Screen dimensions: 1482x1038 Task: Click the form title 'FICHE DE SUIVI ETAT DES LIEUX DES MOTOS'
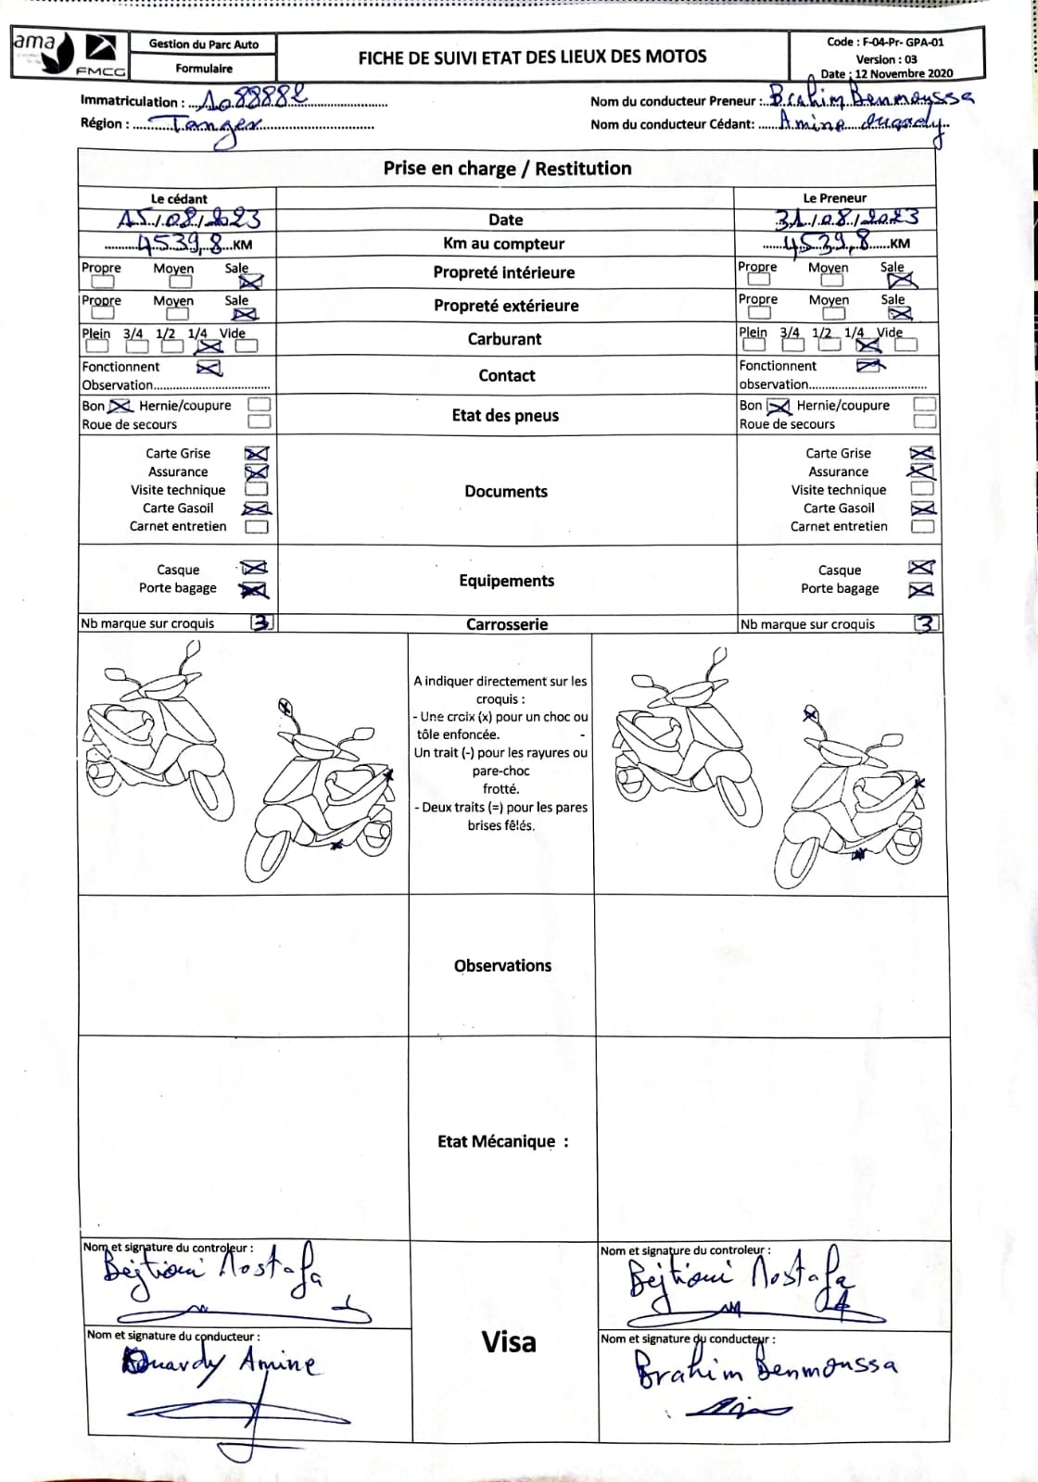tap(532, 57)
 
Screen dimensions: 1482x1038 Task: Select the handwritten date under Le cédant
tap(189, 220)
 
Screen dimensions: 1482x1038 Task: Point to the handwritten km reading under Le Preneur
tap(827, 243)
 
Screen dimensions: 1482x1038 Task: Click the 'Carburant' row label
tap(504, 339)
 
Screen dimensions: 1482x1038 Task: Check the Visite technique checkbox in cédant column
tap(258, 489)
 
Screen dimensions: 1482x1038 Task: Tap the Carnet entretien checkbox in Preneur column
tap(922, 526)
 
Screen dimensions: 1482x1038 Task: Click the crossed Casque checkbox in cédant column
tap(255, 568)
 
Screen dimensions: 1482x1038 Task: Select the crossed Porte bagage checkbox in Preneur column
tap(921, 589)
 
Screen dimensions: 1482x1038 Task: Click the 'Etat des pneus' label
tap(505, 415)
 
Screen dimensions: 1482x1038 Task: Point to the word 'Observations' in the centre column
tap(502, 965)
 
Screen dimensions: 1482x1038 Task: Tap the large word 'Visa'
tap(508, 1342)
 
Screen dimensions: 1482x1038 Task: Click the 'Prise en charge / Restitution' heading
tap(507, 169)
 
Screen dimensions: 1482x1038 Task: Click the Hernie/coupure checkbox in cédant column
tap(260, 405)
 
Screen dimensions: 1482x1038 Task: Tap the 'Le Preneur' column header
tap(834, 198)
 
